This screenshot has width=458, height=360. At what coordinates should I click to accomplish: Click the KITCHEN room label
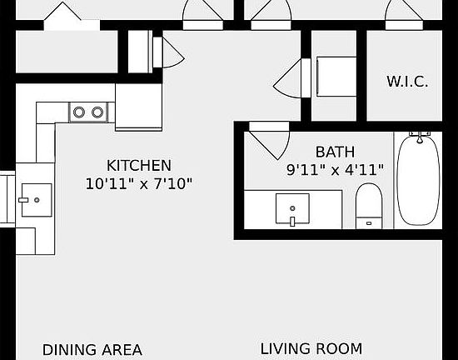click(139, 165)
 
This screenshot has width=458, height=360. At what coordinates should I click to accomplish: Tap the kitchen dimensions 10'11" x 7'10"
click(139, 182)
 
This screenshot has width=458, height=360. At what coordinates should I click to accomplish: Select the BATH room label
click(335, 152)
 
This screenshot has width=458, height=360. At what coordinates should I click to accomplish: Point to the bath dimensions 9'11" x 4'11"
click(335, 169)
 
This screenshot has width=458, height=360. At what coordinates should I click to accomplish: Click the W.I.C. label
click(407, 82)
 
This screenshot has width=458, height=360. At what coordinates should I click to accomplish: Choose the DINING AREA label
click(92, 350)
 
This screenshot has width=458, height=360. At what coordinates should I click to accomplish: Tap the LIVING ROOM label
click(311, 348)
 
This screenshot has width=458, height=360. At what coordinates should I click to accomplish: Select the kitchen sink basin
click(35, 200)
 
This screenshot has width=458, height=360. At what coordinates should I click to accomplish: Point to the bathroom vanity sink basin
click(292, 208)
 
